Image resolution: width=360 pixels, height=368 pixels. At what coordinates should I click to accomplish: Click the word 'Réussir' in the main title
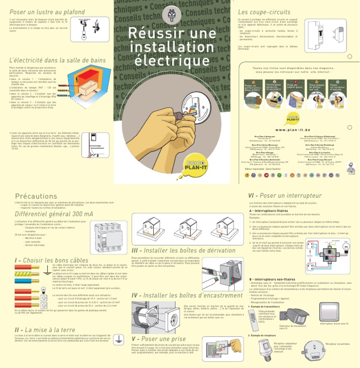click(152, 34)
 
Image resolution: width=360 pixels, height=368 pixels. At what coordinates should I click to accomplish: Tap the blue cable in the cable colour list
click(29, 281)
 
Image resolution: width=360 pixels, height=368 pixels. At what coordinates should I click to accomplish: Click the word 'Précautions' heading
click(36, 196)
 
